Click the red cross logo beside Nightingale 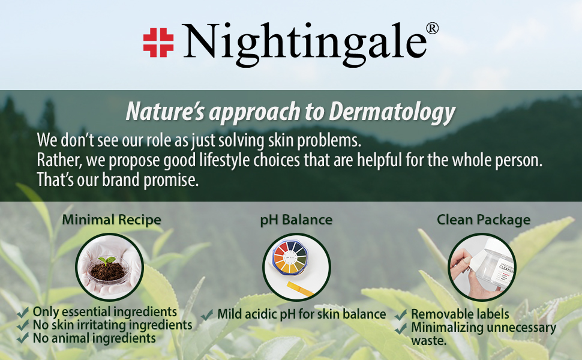(158, 43)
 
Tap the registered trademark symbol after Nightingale (433, 28)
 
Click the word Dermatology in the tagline (392, 112)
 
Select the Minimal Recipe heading (112, 220)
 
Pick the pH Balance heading (296, 220)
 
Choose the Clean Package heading (484, 220)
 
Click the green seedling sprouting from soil (107, 260)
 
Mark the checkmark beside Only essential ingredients (23, 313)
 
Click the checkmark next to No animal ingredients (23, 338)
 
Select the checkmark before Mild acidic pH (207, 315)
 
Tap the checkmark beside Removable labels (401, 315)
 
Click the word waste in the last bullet (429, 341)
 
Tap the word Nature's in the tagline (165, 111)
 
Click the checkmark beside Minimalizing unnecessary (401, 328)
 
